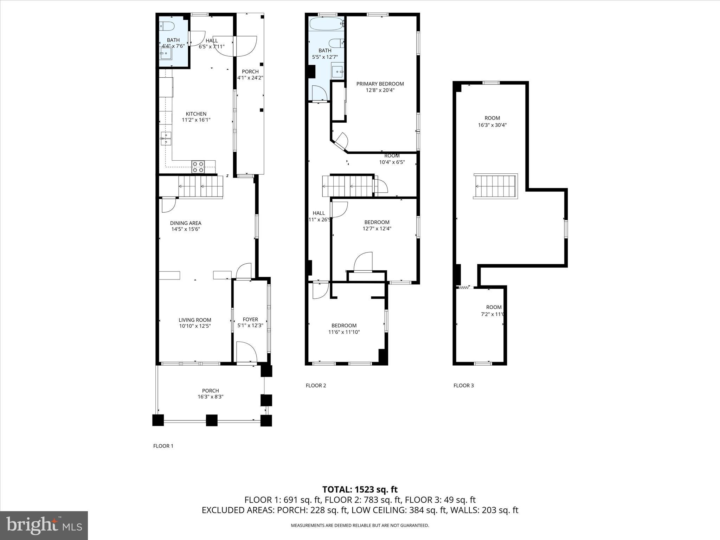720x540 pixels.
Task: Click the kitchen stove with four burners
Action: (198, 167)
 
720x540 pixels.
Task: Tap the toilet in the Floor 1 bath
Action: (167, 26)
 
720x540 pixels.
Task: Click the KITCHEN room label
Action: (196, 114)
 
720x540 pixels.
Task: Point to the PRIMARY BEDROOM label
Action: (380, 84)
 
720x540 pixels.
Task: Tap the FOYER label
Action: (250, 320)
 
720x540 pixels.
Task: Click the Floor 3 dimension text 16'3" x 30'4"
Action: (492, 125)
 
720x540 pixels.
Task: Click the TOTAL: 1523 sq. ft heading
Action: (360, 489)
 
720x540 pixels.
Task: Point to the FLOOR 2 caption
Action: (316, 386)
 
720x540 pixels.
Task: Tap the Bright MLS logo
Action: (44, 526)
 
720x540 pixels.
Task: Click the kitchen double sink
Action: (166, 139)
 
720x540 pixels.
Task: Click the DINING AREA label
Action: (186, 223)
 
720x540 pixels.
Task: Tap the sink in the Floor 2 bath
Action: (337, 71)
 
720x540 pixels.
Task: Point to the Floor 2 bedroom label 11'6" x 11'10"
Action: (344, 332)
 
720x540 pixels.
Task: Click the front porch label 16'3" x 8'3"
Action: (211, 397)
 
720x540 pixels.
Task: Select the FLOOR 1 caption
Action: (163, 446)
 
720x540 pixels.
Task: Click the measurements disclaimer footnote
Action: (360, 526)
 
